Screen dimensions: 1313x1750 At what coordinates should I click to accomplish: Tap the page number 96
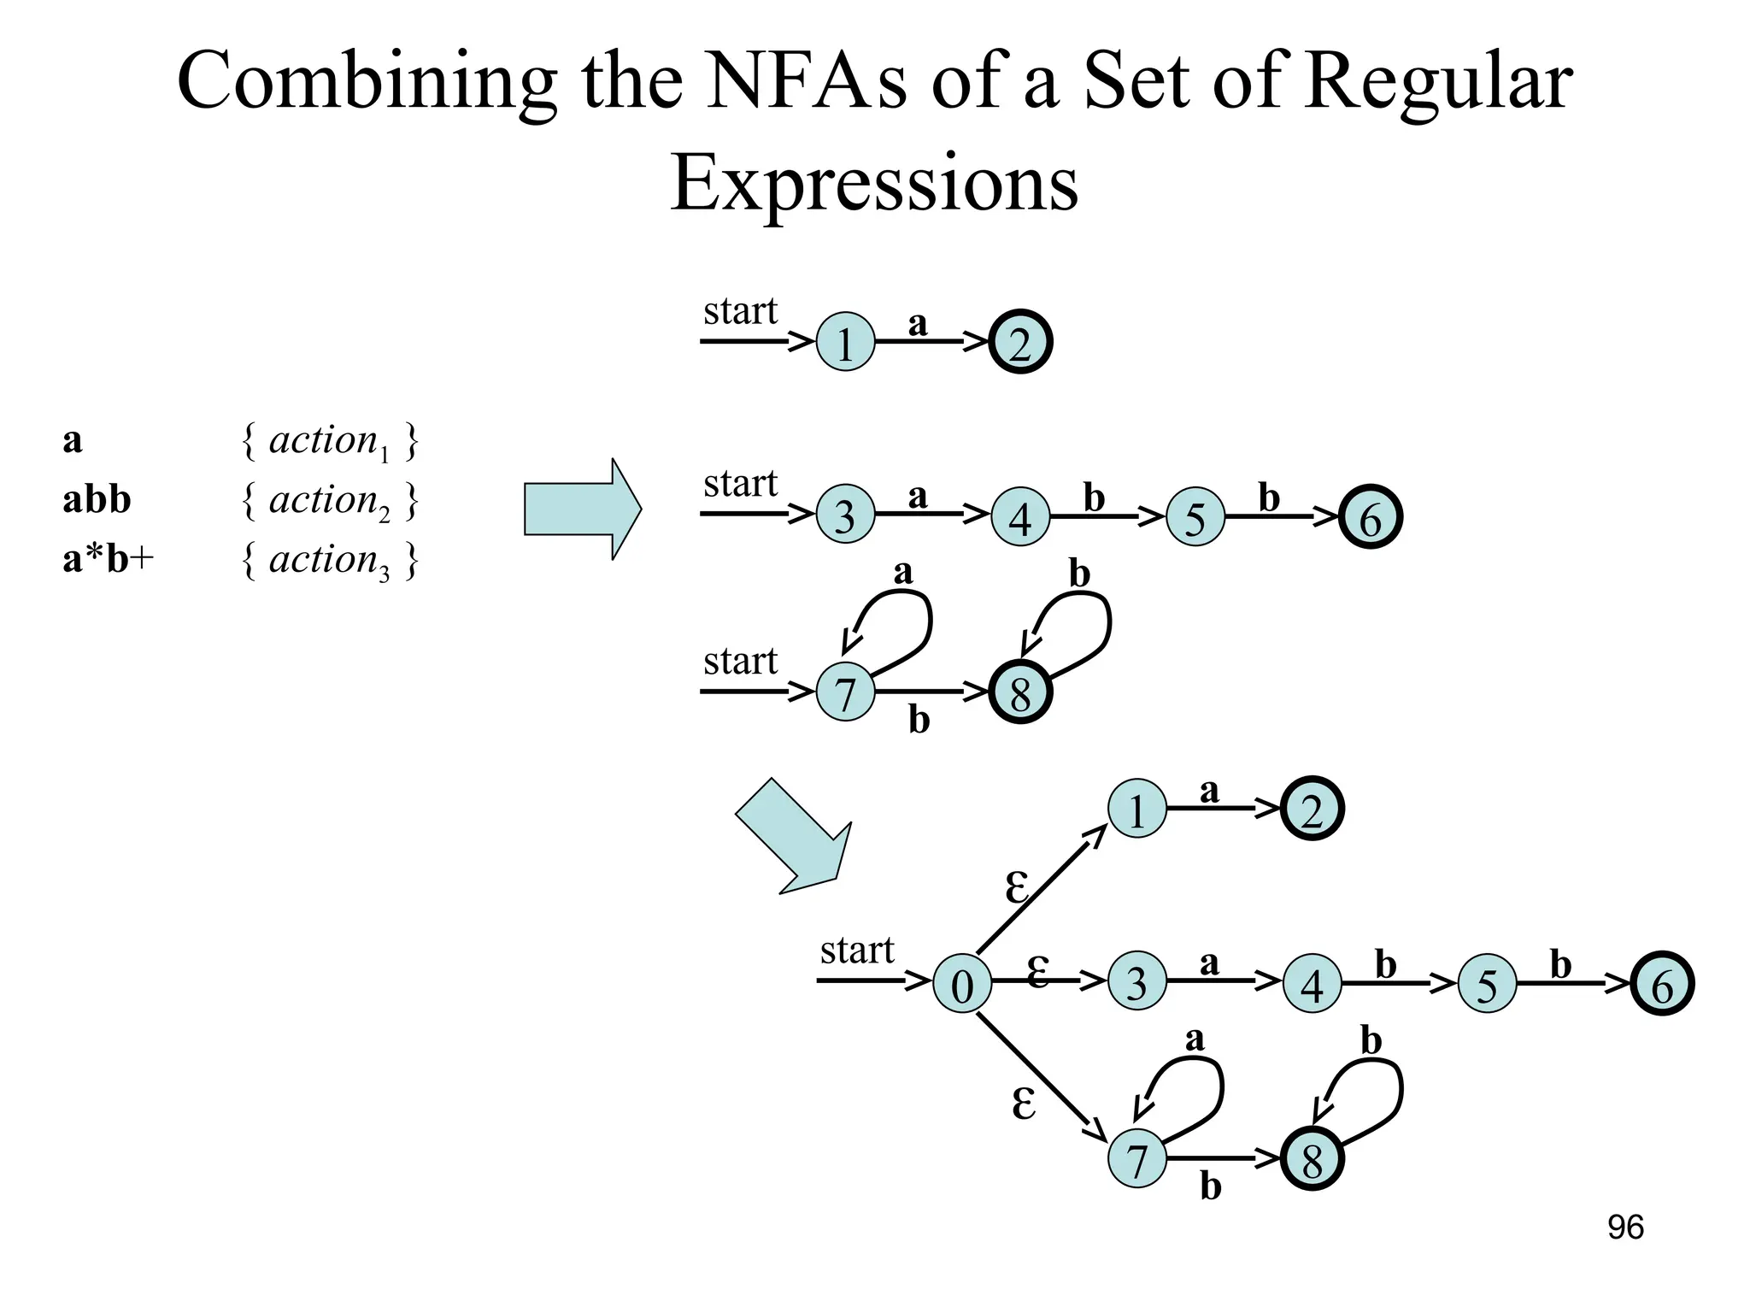tap(1625, 1228)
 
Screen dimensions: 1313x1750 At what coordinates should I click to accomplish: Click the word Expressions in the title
tap(874, 184)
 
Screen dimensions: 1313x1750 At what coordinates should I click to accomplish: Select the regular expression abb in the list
tap(97, 499)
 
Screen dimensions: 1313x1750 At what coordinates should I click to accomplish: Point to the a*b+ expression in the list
tap(108, 559)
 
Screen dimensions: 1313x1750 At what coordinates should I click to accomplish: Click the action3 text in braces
tap(329, 561)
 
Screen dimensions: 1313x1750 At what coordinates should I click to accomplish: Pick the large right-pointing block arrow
tap(582, 509)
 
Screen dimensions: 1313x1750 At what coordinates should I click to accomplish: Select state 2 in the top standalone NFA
tap(1020, 343)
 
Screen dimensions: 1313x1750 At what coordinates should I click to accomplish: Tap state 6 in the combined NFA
tap(1662, 984)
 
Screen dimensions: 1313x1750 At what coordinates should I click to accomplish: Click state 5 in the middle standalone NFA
tap(1195, 517)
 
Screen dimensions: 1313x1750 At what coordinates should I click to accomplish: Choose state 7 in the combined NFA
tap(1136, 1159)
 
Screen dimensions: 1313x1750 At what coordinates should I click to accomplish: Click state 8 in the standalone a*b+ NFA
tap(1020, 692)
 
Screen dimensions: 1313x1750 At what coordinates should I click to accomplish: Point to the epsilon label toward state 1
tap(1016, 886)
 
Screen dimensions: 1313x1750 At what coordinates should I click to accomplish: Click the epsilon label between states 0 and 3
tap(1037, 971)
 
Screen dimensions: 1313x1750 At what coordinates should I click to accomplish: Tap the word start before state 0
tap(856, 951)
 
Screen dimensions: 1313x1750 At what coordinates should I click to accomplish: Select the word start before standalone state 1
tap(740, 312)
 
